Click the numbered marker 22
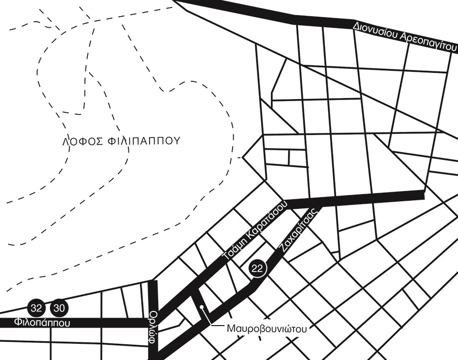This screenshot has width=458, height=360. coord(257,268)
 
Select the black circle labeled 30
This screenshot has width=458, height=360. coord(59,307)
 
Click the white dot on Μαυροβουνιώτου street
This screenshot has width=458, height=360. coord(201,307)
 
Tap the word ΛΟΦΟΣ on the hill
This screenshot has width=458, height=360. coord(82,141)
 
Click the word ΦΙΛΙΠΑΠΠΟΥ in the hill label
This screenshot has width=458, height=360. coord(144,141)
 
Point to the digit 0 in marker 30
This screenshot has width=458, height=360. coord(62,307)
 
